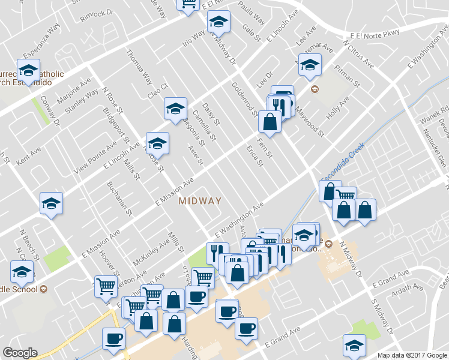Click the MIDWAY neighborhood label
tap(200, 201)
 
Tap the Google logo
tap(20, 353)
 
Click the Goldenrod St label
tap(244, 99)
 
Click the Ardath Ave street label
tap(406, 292)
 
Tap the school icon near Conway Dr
tap(28, 71)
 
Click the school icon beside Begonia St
tap(175, 109)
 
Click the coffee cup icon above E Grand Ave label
tap(246, 328)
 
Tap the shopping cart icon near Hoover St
tap(106, 286)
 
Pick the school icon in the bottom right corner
tap(354, 344)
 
